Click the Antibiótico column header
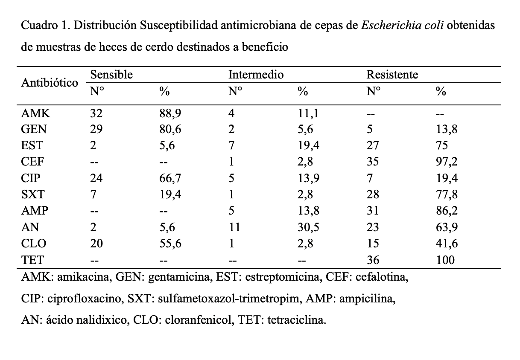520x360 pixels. click(x=50, y=82)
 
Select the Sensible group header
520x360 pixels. click(x=111, y=75)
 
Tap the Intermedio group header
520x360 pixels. click(x=256, y=75)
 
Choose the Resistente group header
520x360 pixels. click(x=392, y=75)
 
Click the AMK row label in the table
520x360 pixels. click(x=35, y=113)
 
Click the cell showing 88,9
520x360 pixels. click(x=170, y=113)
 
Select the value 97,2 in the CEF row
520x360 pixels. click(x=447, y=162)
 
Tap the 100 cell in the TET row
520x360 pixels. click(x=445, y=260)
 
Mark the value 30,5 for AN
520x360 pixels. click(x=308, y=227)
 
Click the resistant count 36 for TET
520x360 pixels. click(x=373, y=260)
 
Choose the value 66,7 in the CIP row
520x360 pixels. click(x=170, y=178)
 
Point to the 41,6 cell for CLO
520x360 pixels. click(x=447, y=244)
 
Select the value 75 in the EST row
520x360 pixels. click(x=442, y=146)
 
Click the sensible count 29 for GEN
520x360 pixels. click(x=96, y=130)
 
